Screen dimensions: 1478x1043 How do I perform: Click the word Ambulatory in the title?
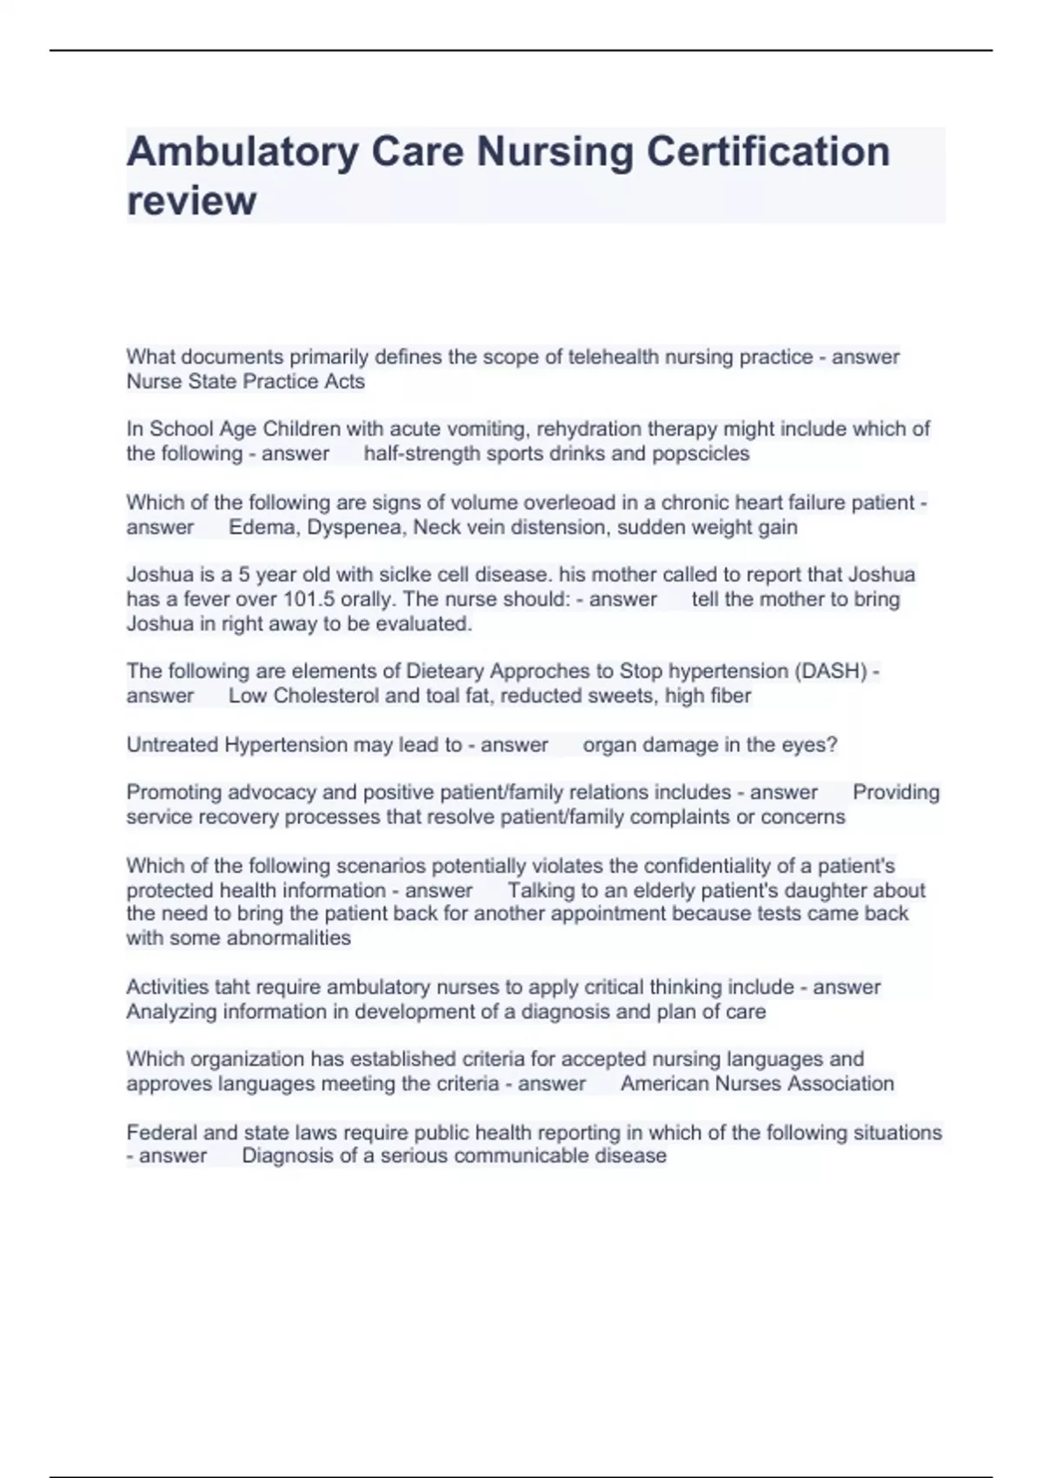coord(242,152)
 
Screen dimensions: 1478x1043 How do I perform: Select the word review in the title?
coord(191,201)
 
